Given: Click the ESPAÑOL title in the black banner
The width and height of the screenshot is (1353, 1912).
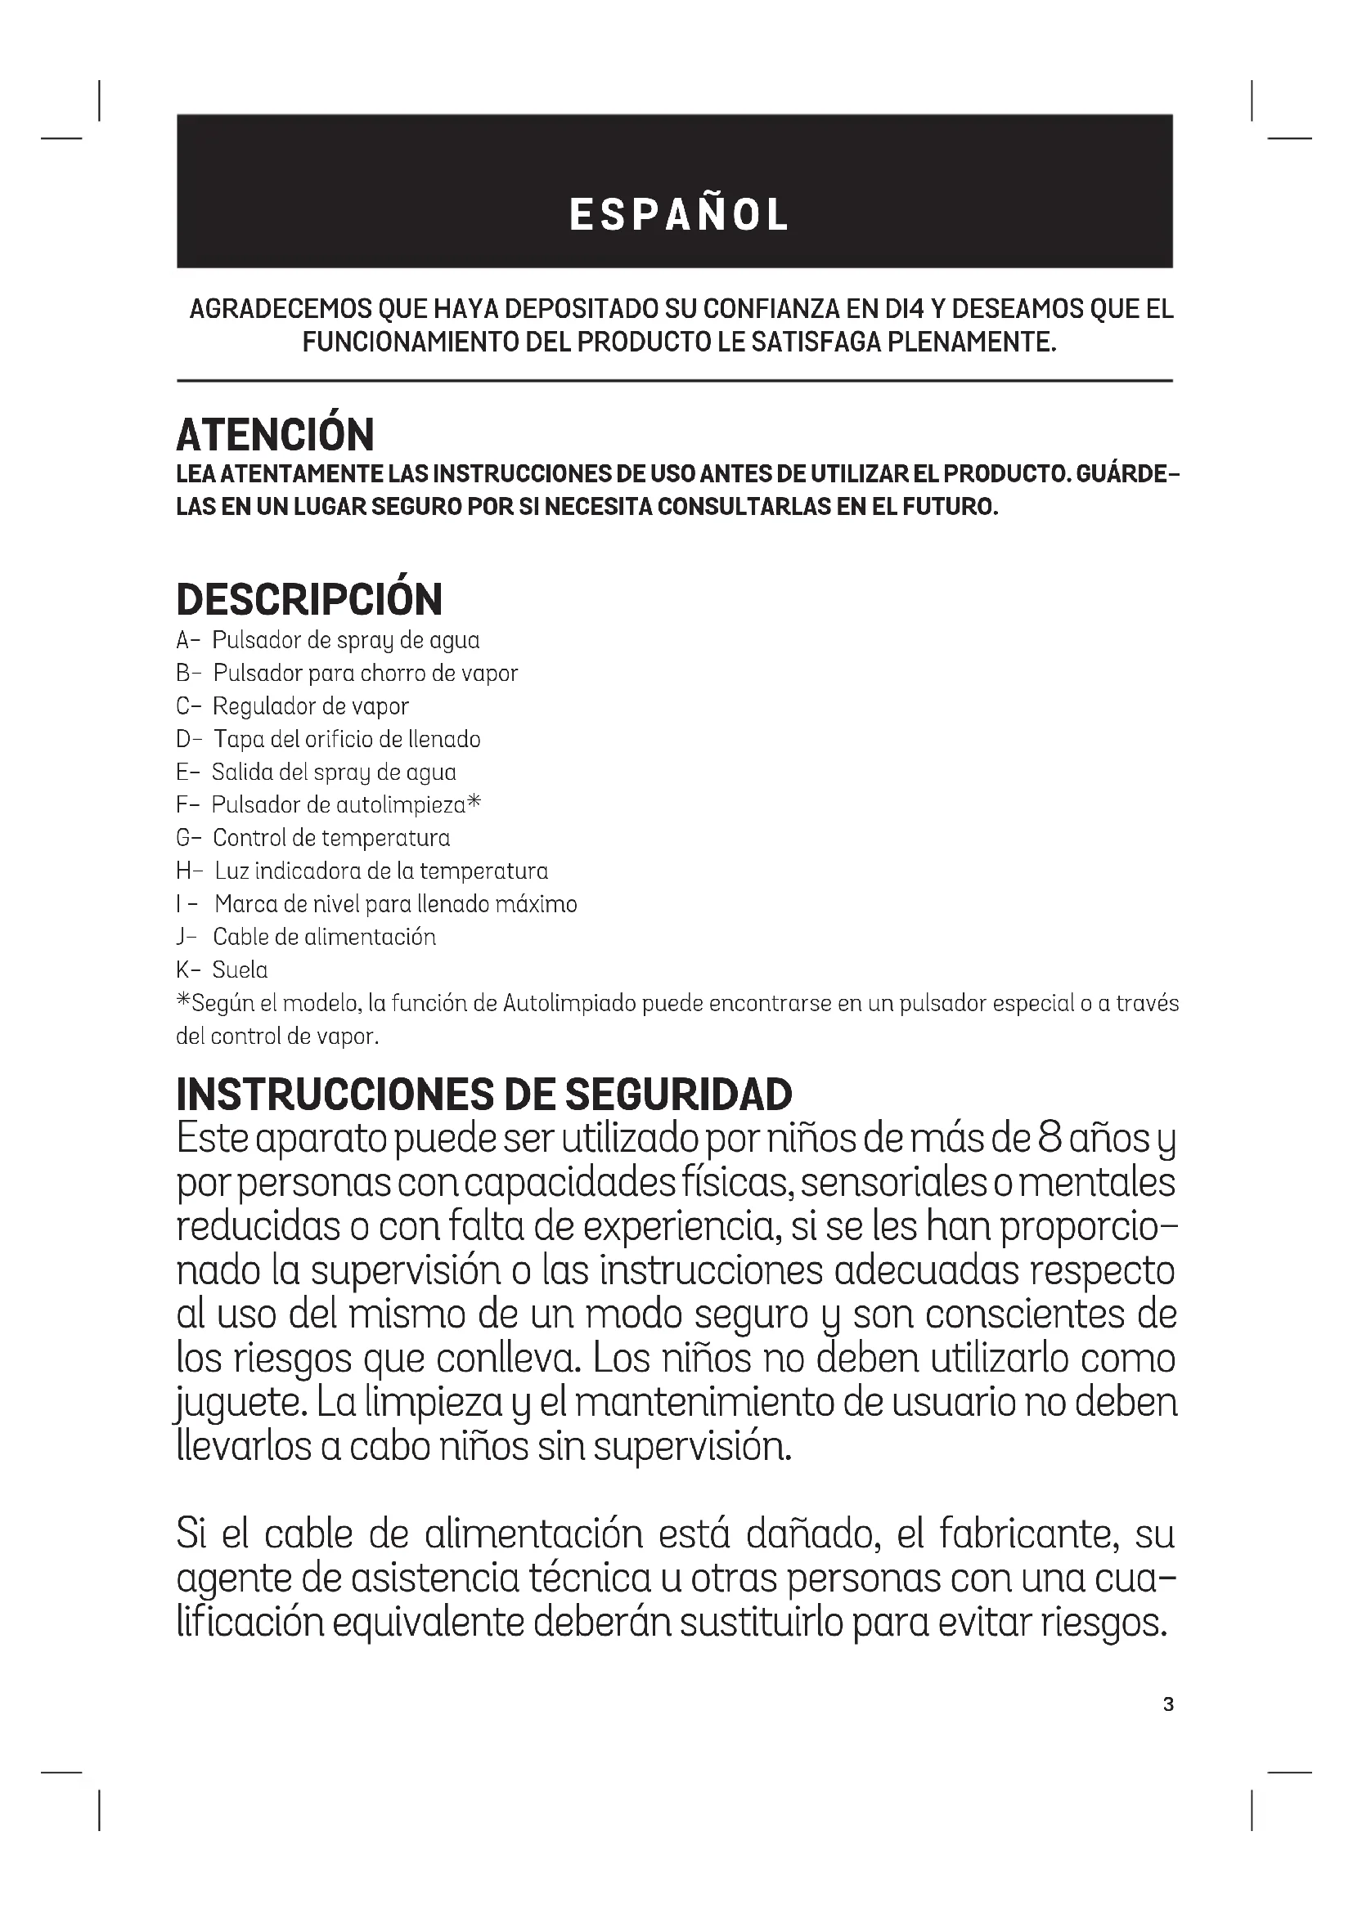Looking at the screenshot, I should tap(678, 215).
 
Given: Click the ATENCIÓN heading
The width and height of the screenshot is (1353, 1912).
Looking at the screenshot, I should tap(275, 435).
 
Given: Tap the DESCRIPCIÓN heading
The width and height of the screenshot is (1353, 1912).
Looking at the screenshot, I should tap(309, 599).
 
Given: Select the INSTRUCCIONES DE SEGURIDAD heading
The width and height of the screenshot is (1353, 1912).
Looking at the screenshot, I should tap(484, 1095).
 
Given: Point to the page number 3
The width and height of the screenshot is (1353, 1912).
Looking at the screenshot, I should tap(1168, 1704).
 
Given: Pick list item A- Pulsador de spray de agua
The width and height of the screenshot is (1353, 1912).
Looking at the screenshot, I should tap(328, 640).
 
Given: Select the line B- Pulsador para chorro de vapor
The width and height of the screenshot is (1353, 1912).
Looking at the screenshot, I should tap(348, 674).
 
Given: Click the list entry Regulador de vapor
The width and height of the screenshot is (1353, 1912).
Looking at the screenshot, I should tap(311, 706).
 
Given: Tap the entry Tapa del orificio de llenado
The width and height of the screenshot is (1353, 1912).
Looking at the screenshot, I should tap(347, 740).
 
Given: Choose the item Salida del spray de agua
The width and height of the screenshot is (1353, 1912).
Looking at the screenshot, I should tap(334, 772).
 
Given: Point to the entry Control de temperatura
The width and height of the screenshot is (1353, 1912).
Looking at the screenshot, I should tap(330, 838).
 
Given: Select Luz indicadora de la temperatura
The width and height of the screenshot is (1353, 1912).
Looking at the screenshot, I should tap(380, 871).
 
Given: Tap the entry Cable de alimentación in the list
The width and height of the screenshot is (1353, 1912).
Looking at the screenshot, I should tap(324, 937).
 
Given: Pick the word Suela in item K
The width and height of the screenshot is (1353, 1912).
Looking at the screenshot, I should tap(240, 970).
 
